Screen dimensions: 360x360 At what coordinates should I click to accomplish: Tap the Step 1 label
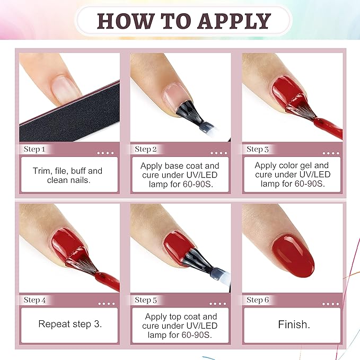point(34,150)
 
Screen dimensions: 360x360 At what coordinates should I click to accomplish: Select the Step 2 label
point(146,150)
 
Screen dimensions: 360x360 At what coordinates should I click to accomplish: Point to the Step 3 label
point(258,150)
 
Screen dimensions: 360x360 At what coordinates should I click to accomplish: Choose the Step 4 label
point(34,300)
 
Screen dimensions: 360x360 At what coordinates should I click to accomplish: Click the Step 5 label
point(146,300)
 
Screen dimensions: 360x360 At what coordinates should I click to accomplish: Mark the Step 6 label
point(258,300)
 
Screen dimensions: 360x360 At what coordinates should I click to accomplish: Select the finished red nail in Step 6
point(293,255)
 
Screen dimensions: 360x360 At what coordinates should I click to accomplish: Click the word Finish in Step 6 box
point(293,324)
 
